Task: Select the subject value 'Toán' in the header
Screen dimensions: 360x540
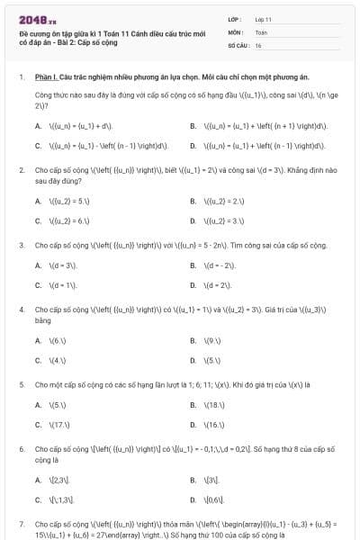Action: point(261,31)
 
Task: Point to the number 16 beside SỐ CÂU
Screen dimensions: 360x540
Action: point(258,44)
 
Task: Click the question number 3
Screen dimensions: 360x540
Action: point(21,244)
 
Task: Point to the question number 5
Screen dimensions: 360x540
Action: point(21,384)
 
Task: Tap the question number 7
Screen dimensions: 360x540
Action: point(21,523)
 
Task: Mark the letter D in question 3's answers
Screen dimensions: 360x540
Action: point(193,284)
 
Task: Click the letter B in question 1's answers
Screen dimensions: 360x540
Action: point(193,126)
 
